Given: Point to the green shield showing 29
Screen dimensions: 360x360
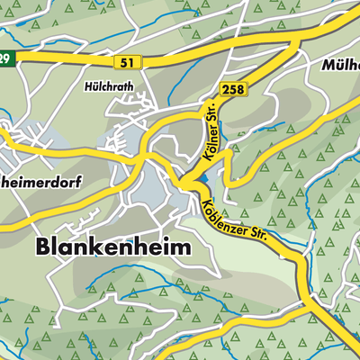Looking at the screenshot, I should point(5,59).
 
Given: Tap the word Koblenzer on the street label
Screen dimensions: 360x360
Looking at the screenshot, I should point(222,210).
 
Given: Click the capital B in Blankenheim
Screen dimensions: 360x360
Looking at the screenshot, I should point(44,247).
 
